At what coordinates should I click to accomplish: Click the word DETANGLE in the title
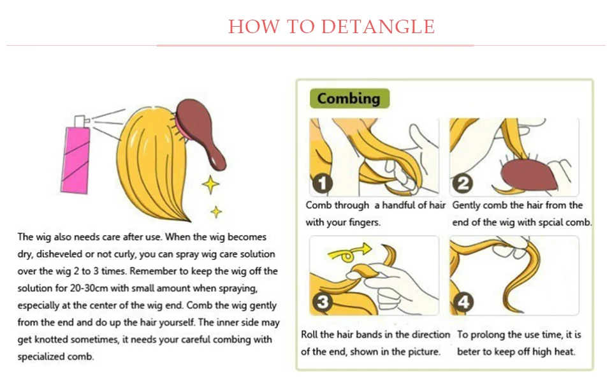(x=378, y=27)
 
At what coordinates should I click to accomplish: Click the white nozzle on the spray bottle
(x=81, y=121)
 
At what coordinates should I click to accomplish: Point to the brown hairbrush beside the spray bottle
(x=199, y=133)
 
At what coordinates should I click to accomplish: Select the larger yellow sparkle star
(x=211, y=185)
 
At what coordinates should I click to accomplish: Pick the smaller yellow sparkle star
(x=216, y=212)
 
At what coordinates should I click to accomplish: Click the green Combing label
(x=349, y=98)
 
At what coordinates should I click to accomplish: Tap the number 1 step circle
(x=323, y=184)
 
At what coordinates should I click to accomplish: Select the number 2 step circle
(x=463, y=184)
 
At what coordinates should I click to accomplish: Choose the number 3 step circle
(x=323, y=302)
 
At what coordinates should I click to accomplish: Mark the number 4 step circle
(x=463, y=302)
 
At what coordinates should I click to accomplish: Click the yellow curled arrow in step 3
(x=349, y=253)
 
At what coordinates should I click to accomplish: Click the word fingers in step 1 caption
(x=364, y=222)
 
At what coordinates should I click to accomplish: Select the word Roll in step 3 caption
(x=309, y=335)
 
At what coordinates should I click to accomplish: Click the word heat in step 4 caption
(x=565, y=352)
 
